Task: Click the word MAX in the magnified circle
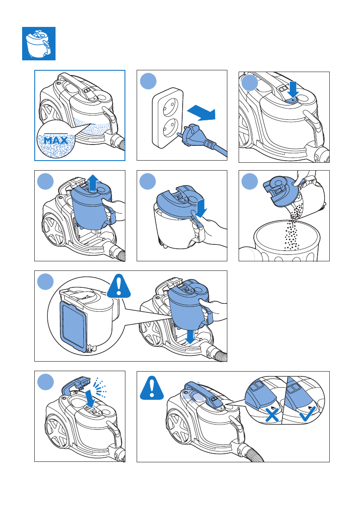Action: coord(56,140)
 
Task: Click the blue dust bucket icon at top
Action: coord(39,43)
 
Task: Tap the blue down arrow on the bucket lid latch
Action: coord(200,208)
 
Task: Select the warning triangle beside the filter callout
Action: coord(118,286)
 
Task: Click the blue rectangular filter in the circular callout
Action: coord(74,325)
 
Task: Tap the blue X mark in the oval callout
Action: coord(272,415)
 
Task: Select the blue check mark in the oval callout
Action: coord(307,413)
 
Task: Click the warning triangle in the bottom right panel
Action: coord(152,388)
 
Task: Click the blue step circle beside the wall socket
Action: coord(148,81)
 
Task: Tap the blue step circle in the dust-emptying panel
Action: coord(250,181)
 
